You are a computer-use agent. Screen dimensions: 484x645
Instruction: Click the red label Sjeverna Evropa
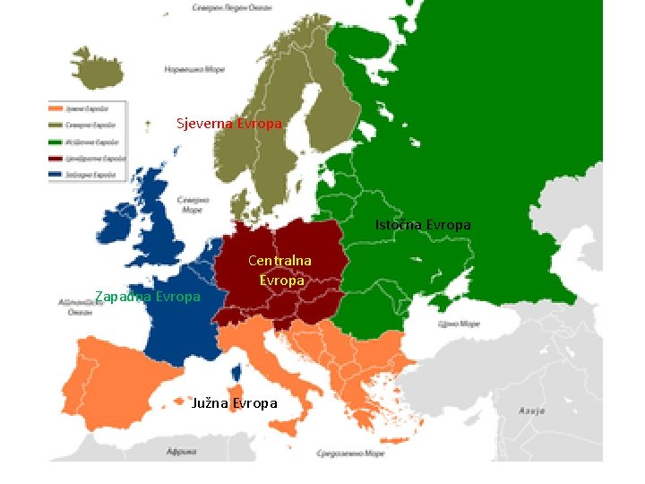(x=229, y=124)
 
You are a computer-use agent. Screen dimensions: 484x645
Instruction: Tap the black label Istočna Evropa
(x=422, y=225)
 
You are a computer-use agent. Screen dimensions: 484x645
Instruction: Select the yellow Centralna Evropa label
(x=280, y=270)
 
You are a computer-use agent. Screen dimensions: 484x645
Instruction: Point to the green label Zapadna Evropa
(x=147, y=297)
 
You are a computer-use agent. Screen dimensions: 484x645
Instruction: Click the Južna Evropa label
(x=235, y=403)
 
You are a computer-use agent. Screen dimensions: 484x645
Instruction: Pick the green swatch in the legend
(x=56, y=142)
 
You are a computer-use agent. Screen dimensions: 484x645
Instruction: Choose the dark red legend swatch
(x=56, y=158)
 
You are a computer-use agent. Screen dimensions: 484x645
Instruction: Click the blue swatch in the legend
(x=56, y=174)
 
